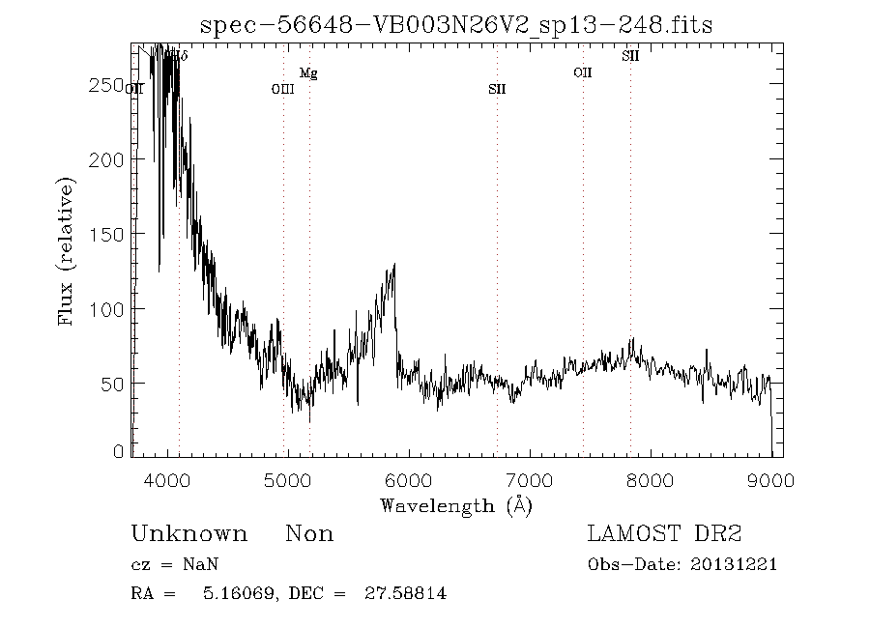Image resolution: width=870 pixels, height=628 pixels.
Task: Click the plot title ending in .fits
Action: point(455,25)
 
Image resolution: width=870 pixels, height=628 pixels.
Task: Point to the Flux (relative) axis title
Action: point(67,250)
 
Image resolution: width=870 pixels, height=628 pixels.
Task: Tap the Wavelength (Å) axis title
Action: point(456,504)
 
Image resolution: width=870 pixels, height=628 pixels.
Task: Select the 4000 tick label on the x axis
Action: point(168,480)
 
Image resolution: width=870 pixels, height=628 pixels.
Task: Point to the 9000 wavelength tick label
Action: point(770,480)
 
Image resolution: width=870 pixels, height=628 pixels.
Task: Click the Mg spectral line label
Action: point(308,73)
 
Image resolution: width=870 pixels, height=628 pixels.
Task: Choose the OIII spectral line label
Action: point(282,90)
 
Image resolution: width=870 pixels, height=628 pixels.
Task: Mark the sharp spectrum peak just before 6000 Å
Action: point(394,266)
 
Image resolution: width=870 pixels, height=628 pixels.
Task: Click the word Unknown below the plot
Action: point(188,534)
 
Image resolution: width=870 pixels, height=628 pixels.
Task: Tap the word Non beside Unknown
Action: point(309,534)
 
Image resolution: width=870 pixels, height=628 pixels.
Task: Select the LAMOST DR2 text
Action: point(664,534)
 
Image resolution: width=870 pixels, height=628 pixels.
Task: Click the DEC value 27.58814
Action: point(405,593)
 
